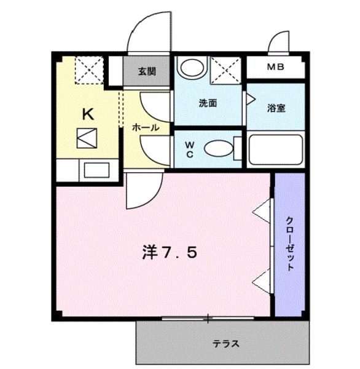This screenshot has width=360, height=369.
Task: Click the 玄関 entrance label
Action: [x=147, y=71]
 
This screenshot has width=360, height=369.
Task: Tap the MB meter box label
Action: [x=276, y=67]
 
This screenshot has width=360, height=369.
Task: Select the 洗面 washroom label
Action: [x=208, y=103]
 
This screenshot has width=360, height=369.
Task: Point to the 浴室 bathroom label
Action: [x=276, y=108]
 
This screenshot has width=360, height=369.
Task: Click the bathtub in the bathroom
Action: [x=276, y=149]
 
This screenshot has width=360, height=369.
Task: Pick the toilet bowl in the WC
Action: [x=217, y=148]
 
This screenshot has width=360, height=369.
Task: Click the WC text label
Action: [x=190, y=149]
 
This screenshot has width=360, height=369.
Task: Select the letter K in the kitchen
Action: [x=88, y=114]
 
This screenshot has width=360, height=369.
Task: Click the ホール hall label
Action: [x=146, y=128]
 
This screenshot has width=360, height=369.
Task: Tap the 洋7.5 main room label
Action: [x=170, y=253]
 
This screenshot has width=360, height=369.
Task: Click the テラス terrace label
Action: [x=225, y=343]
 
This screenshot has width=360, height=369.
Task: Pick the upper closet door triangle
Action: [x=262, y=211]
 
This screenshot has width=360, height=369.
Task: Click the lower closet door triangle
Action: [x=262, y=280]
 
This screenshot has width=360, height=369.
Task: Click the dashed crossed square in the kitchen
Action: [x=89, y=69]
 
